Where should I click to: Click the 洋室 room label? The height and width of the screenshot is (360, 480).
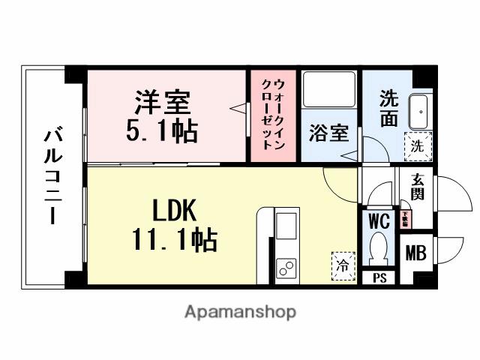163,101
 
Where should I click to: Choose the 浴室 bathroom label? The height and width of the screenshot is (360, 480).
328,133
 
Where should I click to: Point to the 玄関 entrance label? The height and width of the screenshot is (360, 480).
416,190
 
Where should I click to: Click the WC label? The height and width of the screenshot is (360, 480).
378,222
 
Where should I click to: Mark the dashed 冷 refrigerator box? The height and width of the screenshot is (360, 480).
343,265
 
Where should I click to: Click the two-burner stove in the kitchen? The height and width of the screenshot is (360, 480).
286,266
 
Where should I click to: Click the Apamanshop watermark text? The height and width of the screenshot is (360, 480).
239,312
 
